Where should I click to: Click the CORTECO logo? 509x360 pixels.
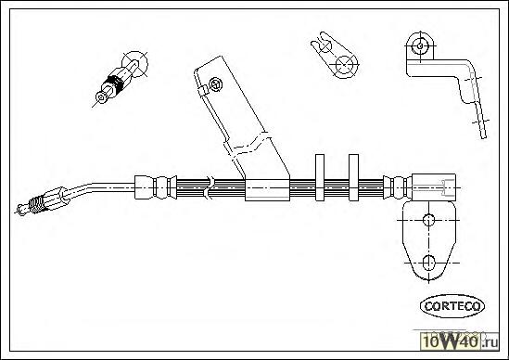pos(452,306)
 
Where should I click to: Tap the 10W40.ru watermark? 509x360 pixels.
pos(460,341)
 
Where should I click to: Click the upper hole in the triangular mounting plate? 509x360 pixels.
pos(429,220)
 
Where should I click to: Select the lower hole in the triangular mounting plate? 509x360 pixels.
pos(429,263)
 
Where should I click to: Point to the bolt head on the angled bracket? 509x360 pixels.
pos(215,84)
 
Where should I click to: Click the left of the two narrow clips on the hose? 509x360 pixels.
pos(320,177)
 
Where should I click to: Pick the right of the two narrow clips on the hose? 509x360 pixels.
pos(353,177)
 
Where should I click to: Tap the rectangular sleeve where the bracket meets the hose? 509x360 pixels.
pos(267,190)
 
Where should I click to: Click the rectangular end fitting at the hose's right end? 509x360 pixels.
pos(434,186)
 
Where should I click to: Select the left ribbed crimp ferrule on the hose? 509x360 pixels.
pos(156,187)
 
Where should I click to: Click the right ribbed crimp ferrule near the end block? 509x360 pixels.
pos(398,187)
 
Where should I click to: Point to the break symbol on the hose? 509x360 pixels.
pos(209,187)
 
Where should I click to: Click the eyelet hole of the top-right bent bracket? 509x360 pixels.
pos(420,45)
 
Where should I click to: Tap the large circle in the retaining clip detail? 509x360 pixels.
pos(344,64)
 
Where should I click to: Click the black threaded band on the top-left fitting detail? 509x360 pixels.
pos(116,84)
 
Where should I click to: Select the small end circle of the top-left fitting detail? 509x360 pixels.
pos(101,97)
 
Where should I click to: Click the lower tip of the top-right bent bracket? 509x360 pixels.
pos(484,137)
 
